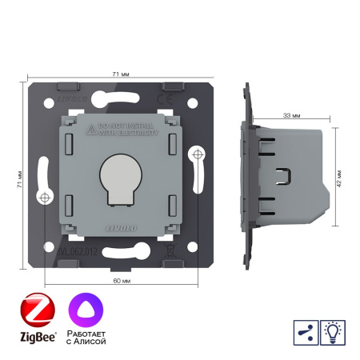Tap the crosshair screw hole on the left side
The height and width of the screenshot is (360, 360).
pos(44,197)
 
